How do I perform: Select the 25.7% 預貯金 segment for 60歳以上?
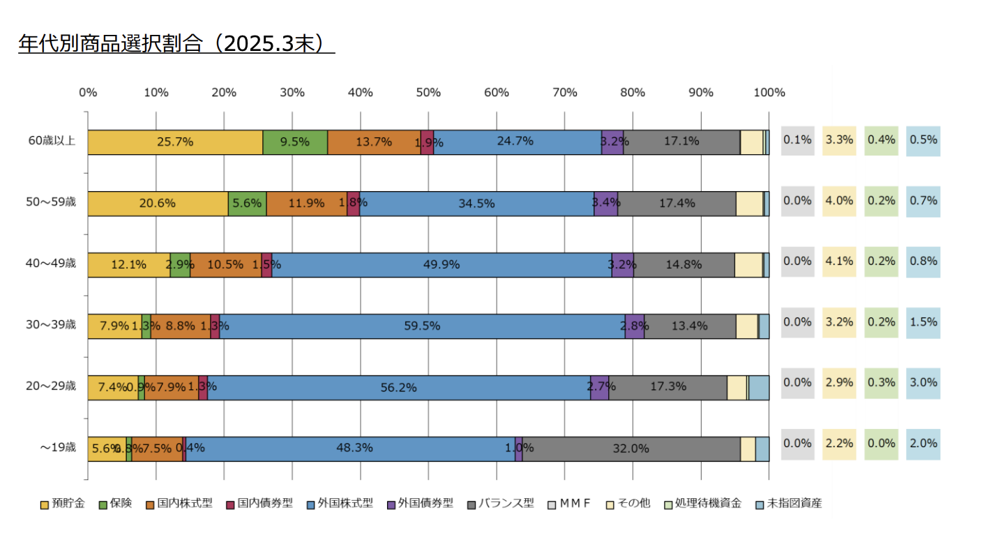coord(174,142)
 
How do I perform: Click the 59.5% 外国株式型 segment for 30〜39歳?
coord(423,326)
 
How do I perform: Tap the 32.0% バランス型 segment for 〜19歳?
coord(631,449)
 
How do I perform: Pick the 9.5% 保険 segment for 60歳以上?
coord(294,142)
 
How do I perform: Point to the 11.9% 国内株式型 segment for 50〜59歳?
coord(306,203)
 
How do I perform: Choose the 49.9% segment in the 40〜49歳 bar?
coord(441,264)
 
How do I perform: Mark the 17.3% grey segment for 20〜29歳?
coord(667,387)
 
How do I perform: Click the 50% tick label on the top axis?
coord(428,92)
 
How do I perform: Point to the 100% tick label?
coord(769,92)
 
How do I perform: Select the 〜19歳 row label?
coord(58,448)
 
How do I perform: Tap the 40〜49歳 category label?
coord(52,264)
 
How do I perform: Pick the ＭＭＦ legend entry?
coord(574,503)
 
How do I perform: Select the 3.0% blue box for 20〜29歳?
coord(923,383)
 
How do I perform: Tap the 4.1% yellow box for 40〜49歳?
coord(839,262)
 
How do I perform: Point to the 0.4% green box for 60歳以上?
coord(881,140)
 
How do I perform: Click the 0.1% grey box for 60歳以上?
coord(797,140)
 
